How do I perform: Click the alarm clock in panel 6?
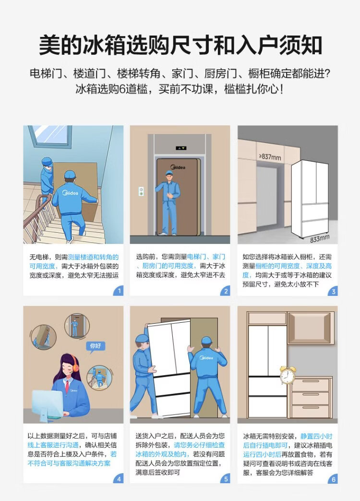(x=288, y=375)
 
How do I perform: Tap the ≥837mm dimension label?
(x=270, y=157)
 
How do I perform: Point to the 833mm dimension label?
(x=320, y=238)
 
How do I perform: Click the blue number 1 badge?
(x=119, y=291)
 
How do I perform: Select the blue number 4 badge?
(x=119, y=478)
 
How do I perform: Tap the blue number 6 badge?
(x=333, y=478)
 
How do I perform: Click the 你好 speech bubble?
(x=96, y=346)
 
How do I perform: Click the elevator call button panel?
(x=141, y=191)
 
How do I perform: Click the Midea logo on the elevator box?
(x=178, y=167)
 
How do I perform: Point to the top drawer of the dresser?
(x=311, y=384)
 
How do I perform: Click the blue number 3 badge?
(x=333, y=291)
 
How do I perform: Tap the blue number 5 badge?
(x=225, y=478)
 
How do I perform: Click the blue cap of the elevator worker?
(x=169, y=173)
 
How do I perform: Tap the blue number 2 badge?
(x=225, y=291)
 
